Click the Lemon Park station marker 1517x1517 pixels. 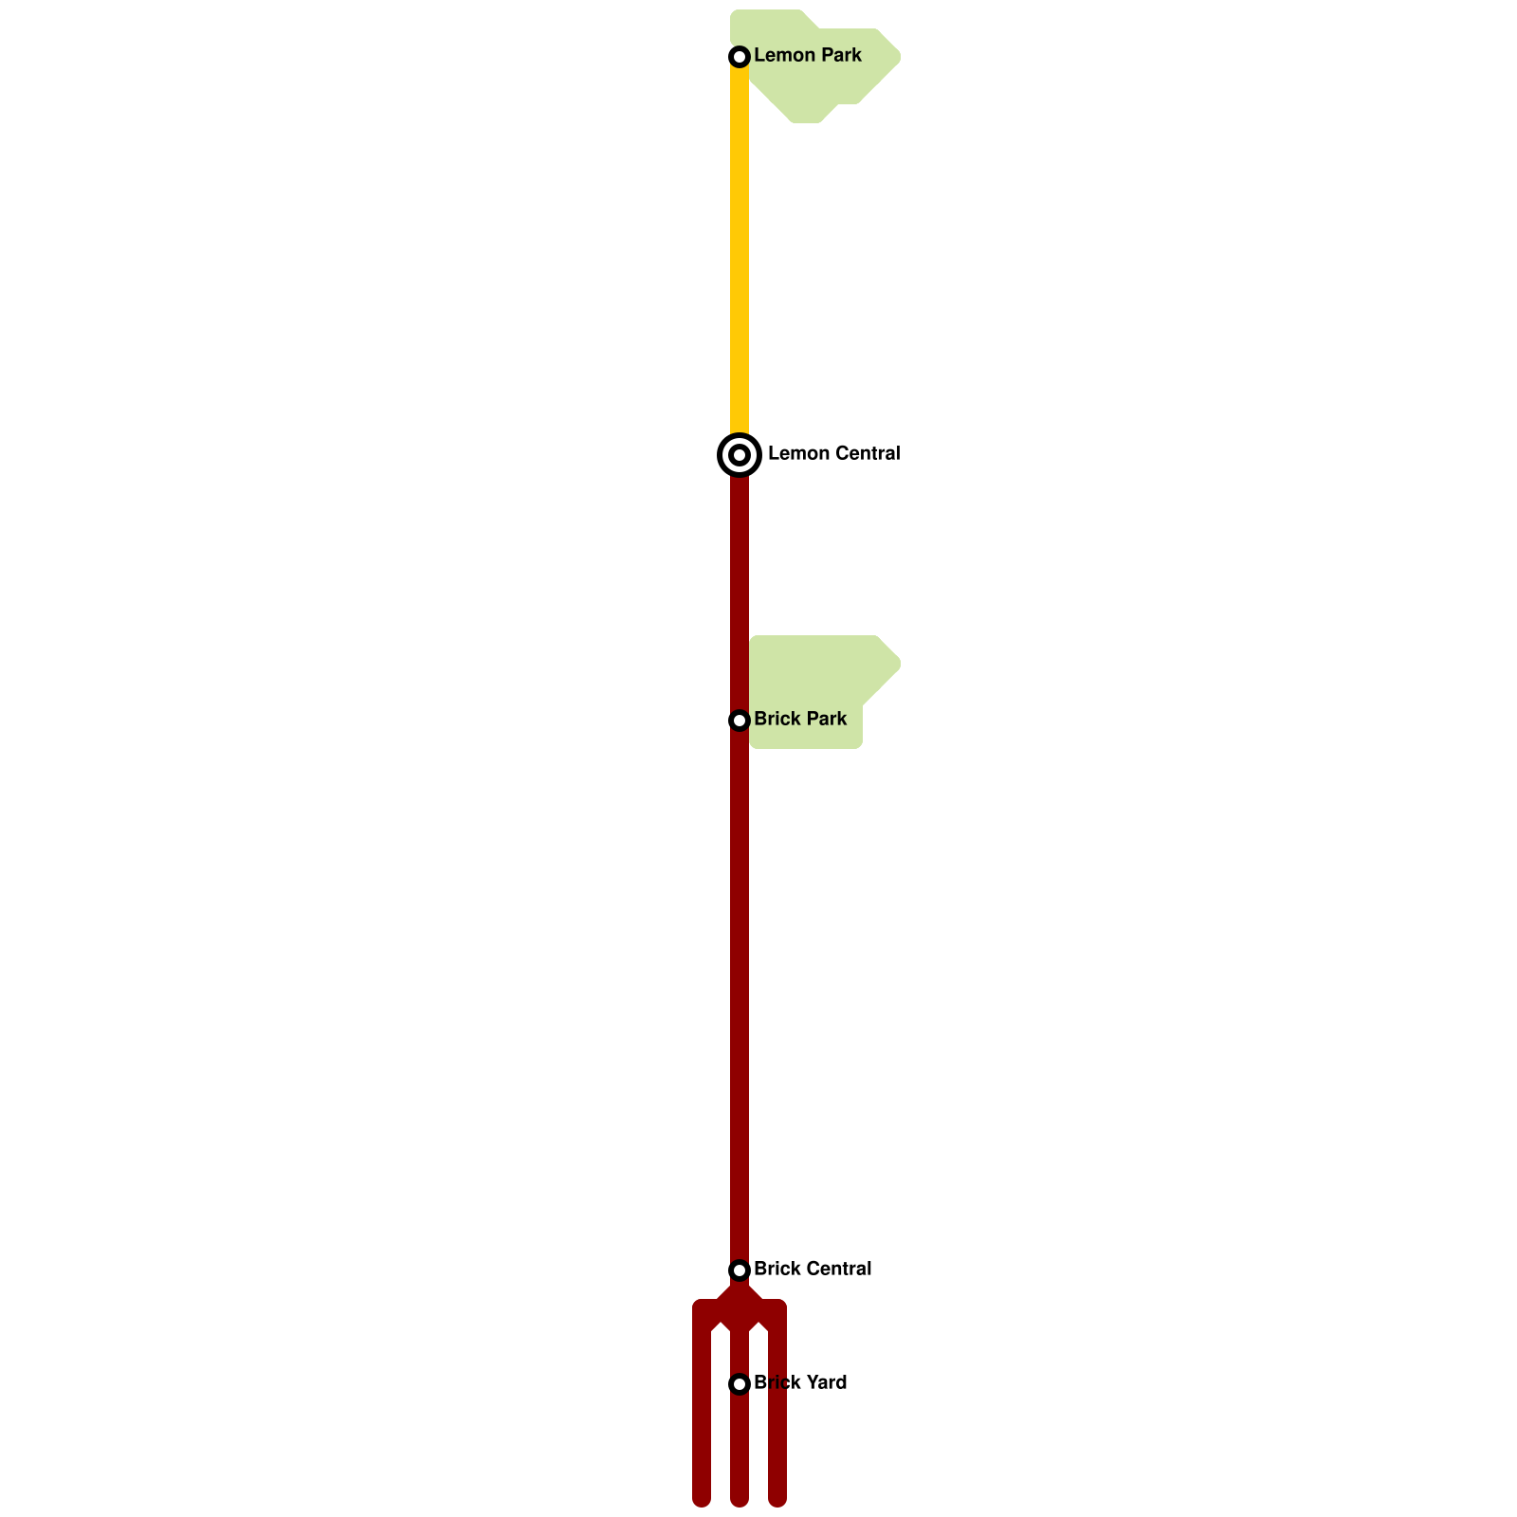pos(740,57)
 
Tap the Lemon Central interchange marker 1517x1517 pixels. pos(740,455)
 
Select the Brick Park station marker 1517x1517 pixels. pos(740,721)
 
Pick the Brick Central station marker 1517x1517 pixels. pos(740,1270)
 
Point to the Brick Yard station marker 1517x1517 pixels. pos(740,1384)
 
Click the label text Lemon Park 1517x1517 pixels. pos(807,55)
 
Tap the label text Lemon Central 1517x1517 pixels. pos(833,453)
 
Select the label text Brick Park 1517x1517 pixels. pos(800,719)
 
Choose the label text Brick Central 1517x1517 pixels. pos(813,1269)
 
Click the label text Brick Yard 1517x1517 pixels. pos(800,1382)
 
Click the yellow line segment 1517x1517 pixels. pos(740,247)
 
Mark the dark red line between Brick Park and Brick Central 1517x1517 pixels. pos(740,996)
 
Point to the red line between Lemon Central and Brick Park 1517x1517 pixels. pos(740,588)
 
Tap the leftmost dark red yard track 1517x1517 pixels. pos(702,1422)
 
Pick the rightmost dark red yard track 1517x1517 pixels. pos(777,1422)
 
